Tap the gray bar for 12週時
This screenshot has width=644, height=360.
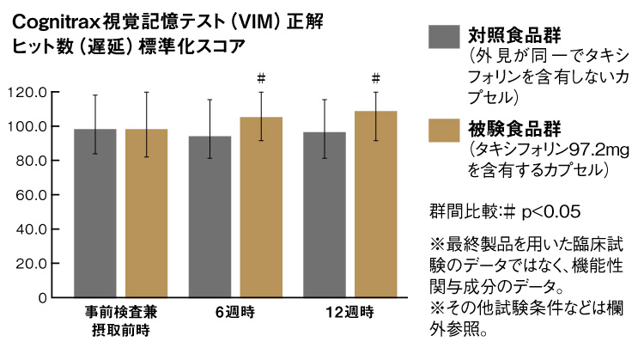324,215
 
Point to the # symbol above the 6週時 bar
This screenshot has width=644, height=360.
261,77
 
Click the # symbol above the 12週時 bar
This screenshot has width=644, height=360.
376,77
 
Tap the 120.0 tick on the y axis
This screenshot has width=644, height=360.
27,93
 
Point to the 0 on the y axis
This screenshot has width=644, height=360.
41,297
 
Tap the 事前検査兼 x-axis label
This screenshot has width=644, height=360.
120,310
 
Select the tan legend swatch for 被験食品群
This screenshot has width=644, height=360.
441,131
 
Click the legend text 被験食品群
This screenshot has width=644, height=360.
507,130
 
